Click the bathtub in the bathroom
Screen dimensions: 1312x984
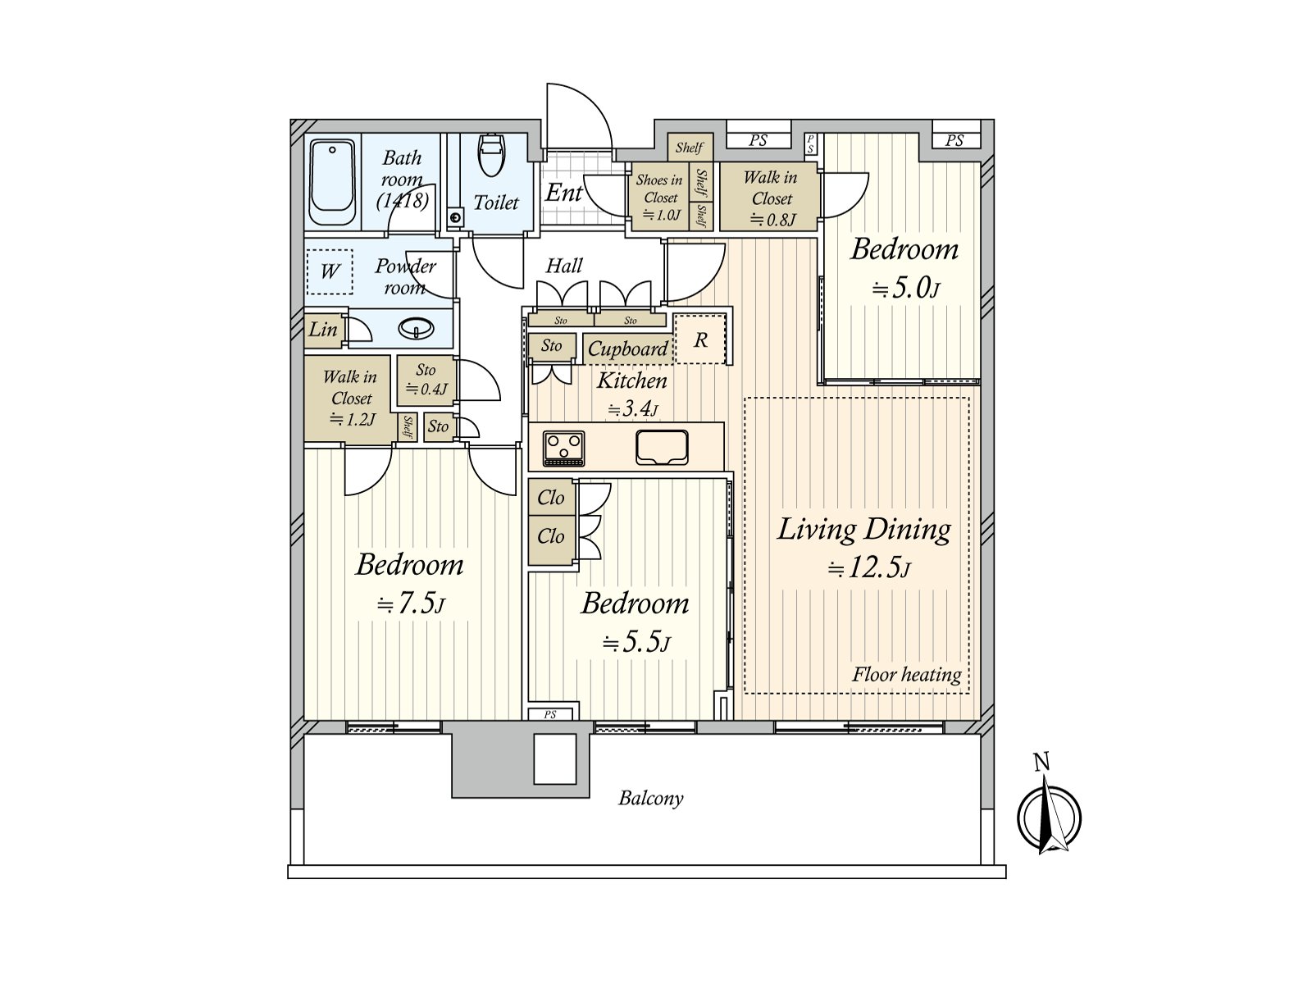coord(332,183)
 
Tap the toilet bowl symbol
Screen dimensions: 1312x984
coord(492,155)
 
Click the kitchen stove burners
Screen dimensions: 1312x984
coord(563,448)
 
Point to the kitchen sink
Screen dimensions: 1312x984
coord(662,447)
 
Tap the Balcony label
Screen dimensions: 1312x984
coord(650,798)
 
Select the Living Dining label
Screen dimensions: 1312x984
coord(863,530)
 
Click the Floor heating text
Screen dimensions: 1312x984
coord(907,675)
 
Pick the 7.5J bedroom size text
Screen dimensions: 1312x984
coord(411,604)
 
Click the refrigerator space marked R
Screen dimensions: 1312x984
coord(700,339)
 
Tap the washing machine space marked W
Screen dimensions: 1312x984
coord(330,271)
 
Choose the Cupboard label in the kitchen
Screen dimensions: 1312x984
coord(627,349)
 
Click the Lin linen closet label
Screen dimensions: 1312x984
coord(323,329)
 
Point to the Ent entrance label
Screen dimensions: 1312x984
coord(563,193)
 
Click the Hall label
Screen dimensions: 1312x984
coord(563,265)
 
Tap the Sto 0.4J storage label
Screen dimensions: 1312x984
coord(426,380)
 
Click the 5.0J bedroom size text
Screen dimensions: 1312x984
coord(905,289)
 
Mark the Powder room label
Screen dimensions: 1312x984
coord(405,276)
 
